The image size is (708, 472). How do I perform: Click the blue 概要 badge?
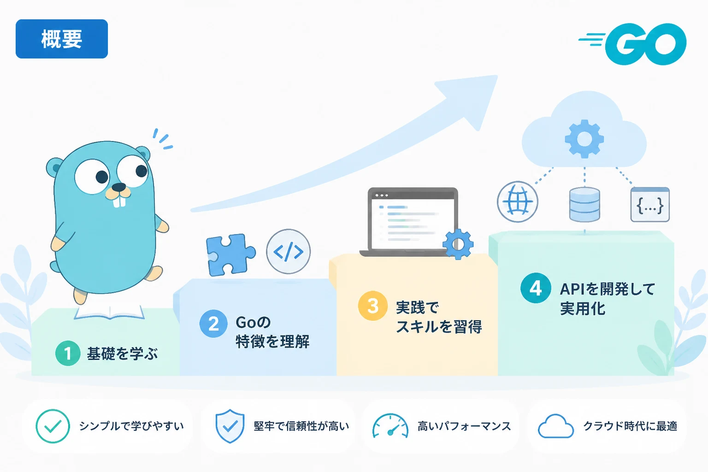pos(62,39)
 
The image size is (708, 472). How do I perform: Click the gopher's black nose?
pos(119,187)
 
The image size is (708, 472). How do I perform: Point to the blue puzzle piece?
pos(230,255)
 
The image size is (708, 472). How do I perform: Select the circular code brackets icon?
pos(288,252)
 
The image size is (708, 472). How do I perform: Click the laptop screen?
pos(413,223)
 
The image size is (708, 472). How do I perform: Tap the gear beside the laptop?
pos(458,244)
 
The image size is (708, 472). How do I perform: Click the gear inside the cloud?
pos(584,139)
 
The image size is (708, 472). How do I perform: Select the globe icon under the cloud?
pos(518,202)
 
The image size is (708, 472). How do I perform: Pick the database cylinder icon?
pos(584,204)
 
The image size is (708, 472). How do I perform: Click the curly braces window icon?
pos(650,205)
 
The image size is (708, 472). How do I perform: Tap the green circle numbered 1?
pos(68,353)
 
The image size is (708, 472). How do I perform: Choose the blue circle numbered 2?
pos(214,324)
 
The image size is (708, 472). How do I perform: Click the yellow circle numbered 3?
pos(372,306)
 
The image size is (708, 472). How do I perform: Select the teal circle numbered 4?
pos(536,288)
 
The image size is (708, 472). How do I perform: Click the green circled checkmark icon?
pos(53,426)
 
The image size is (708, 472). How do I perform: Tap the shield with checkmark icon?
pos(230,426)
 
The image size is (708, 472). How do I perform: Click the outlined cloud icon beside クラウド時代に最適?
pos(555,426)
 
